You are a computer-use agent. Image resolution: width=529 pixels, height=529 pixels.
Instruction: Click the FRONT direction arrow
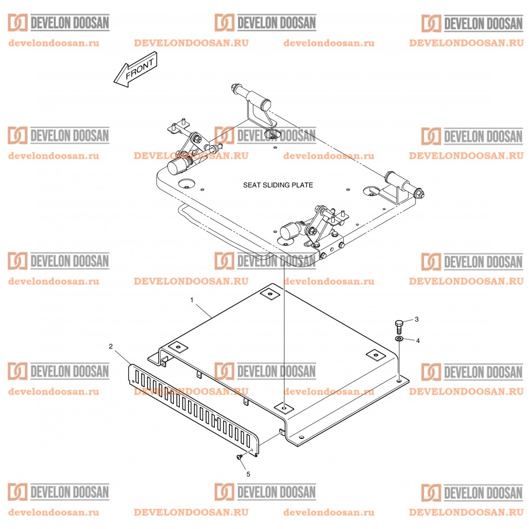[x=135, y=70]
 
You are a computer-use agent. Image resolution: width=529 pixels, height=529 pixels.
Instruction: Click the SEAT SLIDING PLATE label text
[x=277, y=185]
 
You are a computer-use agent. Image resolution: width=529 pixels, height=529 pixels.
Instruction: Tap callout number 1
[x=191, y=299]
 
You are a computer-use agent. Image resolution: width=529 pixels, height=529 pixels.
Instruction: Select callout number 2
[x=111, y=346]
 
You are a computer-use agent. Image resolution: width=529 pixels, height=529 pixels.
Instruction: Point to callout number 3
[x=416, y=320]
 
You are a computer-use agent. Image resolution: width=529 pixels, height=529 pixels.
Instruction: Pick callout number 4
[x=416, y=341]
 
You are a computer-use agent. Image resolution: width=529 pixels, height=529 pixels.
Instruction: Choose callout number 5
[x=248, y=474]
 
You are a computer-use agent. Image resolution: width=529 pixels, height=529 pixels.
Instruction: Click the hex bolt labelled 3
[x=398, y=325]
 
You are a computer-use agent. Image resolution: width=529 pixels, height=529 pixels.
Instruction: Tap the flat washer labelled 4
[x=398, y=338]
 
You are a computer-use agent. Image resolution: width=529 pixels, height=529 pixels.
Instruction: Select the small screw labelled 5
[x=239, y=457]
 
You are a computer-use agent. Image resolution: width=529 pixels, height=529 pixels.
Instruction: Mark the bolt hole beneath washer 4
[x=398, y=381]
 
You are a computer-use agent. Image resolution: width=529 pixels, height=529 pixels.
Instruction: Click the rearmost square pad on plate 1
[x=270, y=295]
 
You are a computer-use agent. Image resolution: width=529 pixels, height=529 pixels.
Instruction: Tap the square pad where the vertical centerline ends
[x=284, y=406]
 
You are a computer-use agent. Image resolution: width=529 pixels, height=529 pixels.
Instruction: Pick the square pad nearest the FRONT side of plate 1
[x=176, y=347]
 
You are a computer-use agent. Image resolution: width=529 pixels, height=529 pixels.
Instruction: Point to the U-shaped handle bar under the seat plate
[x=221, y=232]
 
